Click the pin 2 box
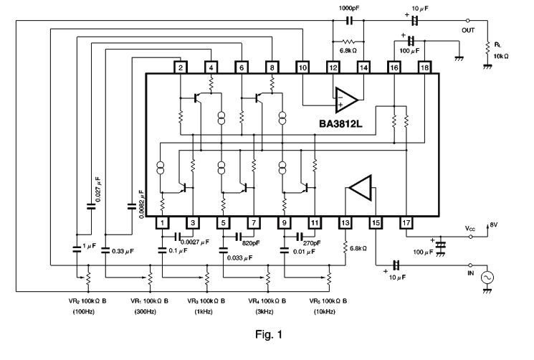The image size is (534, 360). pyautogui.click(x=181, y=67)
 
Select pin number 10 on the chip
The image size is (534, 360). pyautogui.click(x=302, y=67)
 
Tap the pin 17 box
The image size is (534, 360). pyautogui.click(x=406, y=223)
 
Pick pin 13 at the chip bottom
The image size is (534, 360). pyautogui.click(x=345, y=223)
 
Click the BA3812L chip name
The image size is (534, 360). pyautogui.click(x=340, y=123)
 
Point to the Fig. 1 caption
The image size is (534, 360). pyautogui.click(x=269, y=334)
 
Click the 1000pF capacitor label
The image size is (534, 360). pyautogui.click(x=348, y=8)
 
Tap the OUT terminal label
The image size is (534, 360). pyautogui.click(x=468, y=30)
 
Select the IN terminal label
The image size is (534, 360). pyautogui.click(x=471, y=273)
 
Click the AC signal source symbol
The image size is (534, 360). pyautogui.click(x=487, y=278)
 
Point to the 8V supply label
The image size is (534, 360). pyautogui.click(x=494, y=225)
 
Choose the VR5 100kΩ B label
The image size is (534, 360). pyautogui.click(x=328, y=301)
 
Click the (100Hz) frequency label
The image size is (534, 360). pyautogui.click(x=84, y=312)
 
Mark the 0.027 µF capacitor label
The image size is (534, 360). pyautogui.click(x=98, y=189)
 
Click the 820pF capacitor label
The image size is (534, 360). pyautogui.click(x=251, y=243)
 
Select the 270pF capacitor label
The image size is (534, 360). pyautogui.click(x=312, y=243)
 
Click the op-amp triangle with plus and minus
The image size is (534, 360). pyautogui.click(x=346, y=100)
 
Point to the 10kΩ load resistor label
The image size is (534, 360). pyautogui.click(x=501, y=56)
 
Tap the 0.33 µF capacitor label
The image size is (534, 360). pyautogui.click(x=123, y=251)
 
